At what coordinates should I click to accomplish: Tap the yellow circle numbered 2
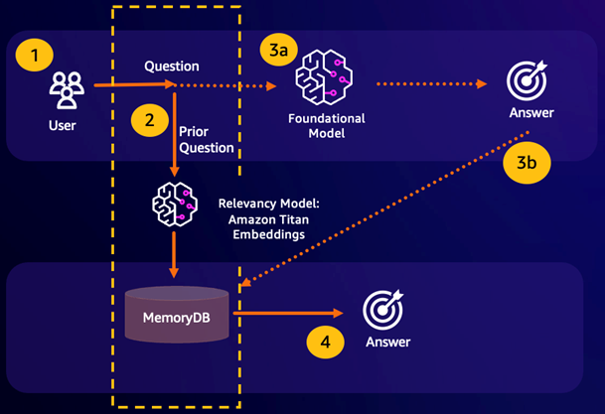click(x=149, y=121)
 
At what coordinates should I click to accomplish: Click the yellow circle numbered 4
click(x=324, y=344)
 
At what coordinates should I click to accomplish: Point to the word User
click(x=62, y=126)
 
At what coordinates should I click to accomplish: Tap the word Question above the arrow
click(x=172, y=67)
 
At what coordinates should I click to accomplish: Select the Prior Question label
click(x=207, y=139)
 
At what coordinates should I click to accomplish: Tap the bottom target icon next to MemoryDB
click(x=382, y=310)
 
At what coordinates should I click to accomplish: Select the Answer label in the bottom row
click(x=387, y=344)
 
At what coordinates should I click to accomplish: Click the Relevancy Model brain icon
click(x=174, y=204)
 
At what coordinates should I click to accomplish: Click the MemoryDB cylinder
click(x=175, y=314)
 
